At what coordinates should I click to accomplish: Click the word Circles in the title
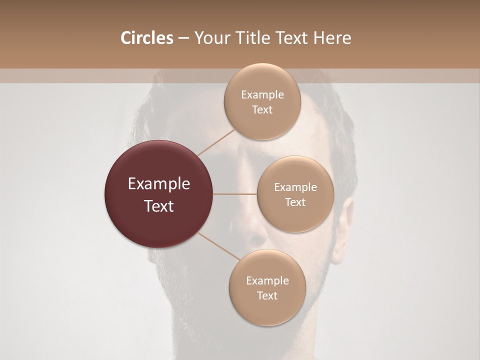click(x=147, y=38)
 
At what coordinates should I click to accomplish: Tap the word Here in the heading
click(x=332, y=38)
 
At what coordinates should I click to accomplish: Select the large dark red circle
click(x=159, y=194)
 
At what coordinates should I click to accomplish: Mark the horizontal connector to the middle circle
click(x=235, y=194)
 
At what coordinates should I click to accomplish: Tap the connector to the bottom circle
click(x=218, y=246)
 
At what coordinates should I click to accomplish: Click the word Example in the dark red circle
click(x=159, y=184)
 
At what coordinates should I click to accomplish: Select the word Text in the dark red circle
click(x=159, y=206)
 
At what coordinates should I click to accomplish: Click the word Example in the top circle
click(x=262, y=95)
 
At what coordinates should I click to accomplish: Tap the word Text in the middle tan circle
click(x=295, y=202)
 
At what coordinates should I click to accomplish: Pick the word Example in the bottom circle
click(x=267, y=281)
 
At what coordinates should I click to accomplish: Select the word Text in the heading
click(x=294, y=38)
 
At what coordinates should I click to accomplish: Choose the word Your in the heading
click(x=210, y=38)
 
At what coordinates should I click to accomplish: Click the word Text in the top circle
click(x=262, y=110)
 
